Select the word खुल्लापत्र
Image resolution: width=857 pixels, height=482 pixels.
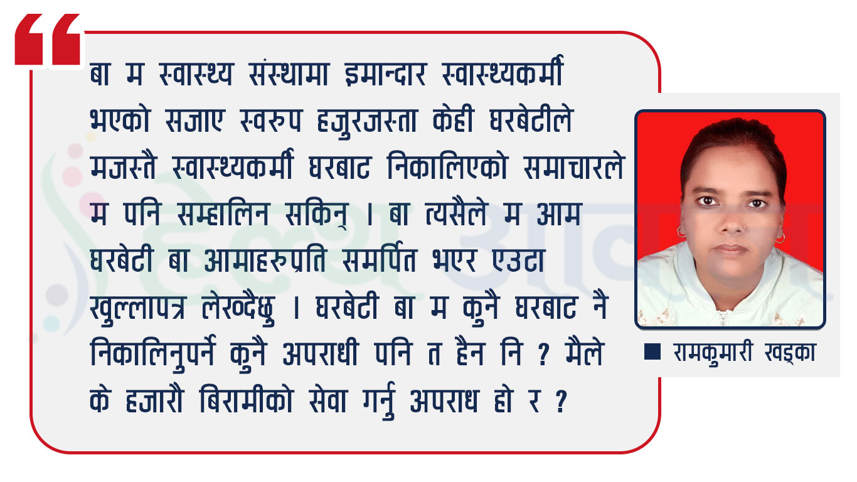pyautogui.click(x=138, y=309)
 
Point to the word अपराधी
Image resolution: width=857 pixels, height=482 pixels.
pyautogui.click(x=320, y=354)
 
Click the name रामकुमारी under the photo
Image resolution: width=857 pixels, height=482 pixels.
pyautogui.click(x=712, y=353)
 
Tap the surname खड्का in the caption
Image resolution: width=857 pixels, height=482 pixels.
pyautogui.click(x=790, y=353)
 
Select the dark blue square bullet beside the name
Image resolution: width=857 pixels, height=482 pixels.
pyautogui.click(x=652, y=351)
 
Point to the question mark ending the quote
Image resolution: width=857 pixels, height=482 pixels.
pyautogui.click(x=561, y=401)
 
